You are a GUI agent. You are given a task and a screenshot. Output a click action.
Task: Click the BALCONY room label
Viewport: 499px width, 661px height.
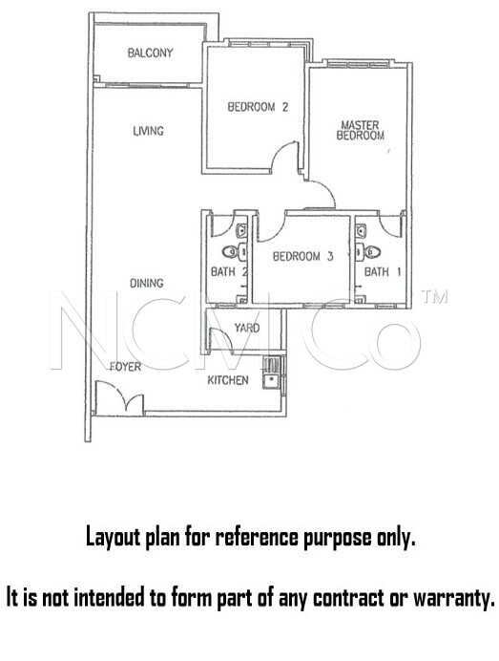[150, 53]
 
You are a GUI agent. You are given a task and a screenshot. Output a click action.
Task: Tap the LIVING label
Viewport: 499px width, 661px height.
[148, 131]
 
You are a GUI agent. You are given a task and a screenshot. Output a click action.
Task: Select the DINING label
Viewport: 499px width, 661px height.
[146, 283]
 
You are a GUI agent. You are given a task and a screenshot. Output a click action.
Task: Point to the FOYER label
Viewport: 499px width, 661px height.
[125, 367]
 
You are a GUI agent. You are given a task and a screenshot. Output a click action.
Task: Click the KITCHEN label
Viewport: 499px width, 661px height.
[228, 380]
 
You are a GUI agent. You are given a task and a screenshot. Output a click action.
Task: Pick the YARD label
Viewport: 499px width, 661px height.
[247, 328]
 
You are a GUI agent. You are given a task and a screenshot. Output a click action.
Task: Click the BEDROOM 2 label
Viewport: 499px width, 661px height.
[258, 107]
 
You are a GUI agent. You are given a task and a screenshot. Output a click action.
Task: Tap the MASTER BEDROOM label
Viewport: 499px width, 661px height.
[360, 130]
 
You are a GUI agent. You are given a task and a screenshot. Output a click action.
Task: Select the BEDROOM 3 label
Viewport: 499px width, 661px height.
[302, 256]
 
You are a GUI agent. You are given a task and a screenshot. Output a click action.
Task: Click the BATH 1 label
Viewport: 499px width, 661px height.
[383, 272]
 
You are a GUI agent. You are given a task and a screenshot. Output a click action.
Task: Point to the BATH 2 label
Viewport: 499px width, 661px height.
[229, 272]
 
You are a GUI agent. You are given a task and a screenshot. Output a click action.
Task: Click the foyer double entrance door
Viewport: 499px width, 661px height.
[119, 398]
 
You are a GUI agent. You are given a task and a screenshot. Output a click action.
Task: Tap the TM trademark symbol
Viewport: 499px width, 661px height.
[434, 296]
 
